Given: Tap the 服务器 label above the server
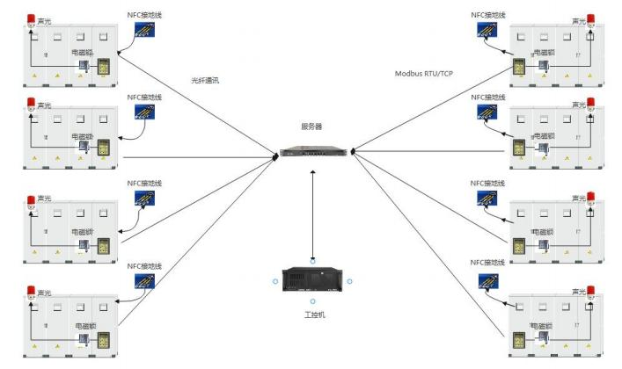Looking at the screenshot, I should pyautogui.click(x=312, y=127).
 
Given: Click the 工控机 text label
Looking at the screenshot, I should pyautogui.click(x=312, y=315).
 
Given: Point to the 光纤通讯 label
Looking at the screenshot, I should pyautogui.click(x=205, y=79).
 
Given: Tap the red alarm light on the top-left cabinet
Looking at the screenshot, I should pyautogui.click(x=32, y=18).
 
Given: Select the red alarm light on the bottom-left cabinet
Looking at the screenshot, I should pyautogui.click(x=32, y=292).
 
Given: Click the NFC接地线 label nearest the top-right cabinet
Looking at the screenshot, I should pyautogui.click(x=488, y=15).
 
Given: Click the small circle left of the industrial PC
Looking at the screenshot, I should pyautogui.click(x=275, y=281).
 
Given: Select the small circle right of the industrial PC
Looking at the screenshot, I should pyautogui.click(x=349, y=281).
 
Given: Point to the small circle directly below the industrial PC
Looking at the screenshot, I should pyautogui.click(x=312, y=302).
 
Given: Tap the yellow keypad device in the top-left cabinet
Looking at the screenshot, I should pyautogui.click(x=104, y=67).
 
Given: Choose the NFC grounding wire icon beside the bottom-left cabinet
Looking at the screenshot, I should pyautogui.click(x=145, y=281).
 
